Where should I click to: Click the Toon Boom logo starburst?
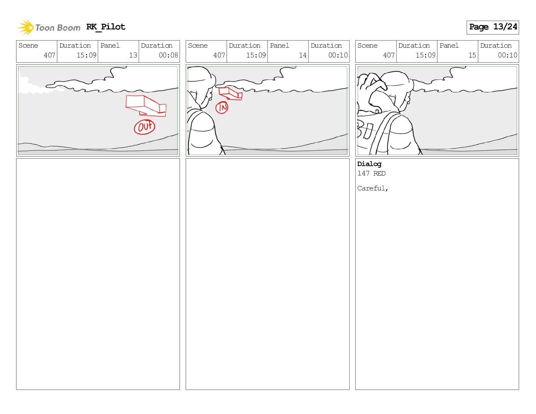(26, 27)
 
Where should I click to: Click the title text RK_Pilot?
(106, 27)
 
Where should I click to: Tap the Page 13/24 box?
(493, 27)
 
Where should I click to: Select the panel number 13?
(133, 55)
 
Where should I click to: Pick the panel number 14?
(303, 55)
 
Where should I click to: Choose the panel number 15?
(472, 55)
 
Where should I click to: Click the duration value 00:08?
(168, 55)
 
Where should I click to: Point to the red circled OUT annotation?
(144, 127)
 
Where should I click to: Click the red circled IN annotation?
(222, 108)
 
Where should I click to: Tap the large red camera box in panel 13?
(146, 106)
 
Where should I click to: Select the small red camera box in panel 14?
(230, 93)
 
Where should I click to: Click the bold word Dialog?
(369, 164)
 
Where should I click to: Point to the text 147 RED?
(371, 173)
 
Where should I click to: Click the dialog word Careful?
(373, 188)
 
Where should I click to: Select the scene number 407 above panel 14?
(219, 55)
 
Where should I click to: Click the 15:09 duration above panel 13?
(86, 55)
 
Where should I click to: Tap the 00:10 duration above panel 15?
(507, 55)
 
